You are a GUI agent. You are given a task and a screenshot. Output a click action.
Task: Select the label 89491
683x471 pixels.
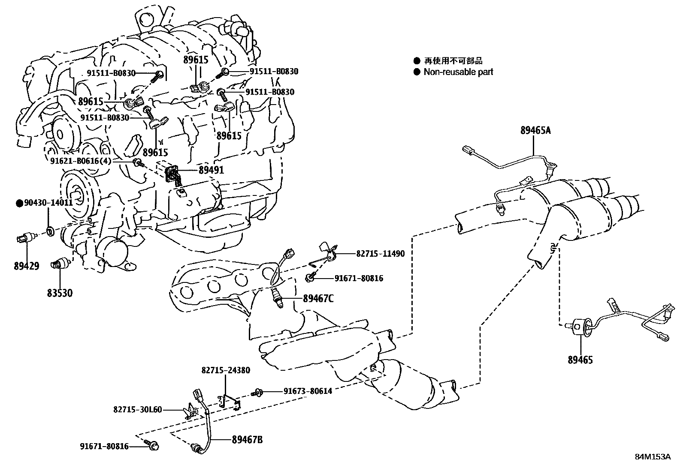211,170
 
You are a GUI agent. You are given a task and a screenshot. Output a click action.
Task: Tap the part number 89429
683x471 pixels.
26,266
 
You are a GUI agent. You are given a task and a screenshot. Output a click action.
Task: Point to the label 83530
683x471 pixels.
60,293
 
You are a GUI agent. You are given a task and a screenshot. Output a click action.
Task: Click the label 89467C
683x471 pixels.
318,298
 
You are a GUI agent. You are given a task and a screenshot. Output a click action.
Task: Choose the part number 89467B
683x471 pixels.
247,439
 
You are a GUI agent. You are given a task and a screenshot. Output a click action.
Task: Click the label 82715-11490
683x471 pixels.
380,254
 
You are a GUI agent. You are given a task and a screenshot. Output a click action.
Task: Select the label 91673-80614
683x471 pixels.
307,391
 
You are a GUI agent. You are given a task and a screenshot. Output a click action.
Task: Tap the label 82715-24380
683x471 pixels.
226,370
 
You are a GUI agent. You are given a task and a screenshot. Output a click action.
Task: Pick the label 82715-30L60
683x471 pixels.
138,409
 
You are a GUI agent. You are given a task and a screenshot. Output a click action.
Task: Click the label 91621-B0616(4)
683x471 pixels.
81,161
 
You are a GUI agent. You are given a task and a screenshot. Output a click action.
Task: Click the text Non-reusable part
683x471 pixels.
458,72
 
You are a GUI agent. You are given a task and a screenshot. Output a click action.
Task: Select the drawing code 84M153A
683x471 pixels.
653,457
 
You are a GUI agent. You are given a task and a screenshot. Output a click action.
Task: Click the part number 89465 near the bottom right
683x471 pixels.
580,360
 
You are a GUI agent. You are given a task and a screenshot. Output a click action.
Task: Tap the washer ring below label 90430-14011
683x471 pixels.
50,232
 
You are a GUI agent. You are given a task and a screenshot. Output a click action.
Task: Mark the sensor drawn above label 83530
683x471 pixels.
60,263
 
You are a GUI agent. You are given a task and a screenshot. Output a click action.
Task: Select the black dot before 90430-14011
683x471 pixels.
19,203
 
